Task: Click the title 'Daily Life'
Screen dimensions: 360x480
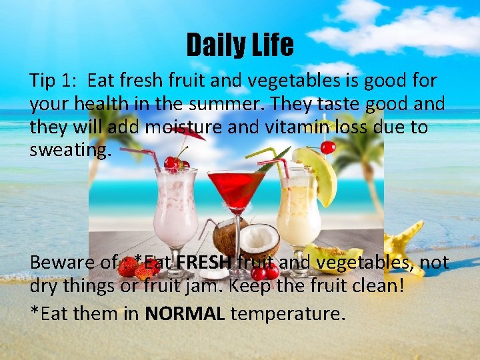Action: click(x=239, y=45)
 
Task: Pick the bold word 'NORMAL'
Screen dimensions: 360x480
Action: click(x=184, y=313)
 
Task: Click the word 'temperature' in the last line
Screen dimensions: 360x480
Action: click(x=287, y=313)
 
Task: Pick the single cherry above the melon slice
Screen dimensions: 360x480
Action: click(x=327, y=147)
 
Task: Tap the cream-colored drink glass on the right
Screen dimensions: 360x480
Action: click(x=298, y=207)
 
